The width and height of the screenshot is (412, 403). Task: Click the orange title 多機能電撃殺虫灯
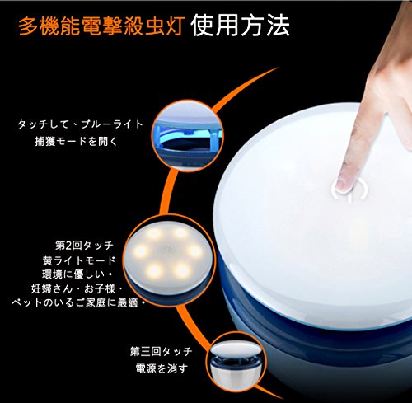point(101,26)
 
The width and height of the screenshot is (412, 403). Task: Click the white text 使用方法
point(240,26)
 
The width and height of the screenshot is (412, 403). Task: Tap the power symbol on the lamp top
point(349,190)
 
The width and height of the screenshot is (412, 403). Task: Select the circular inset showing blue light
point(188,136)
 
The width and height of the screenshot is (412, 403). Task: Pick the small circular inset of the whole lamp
point(236,362)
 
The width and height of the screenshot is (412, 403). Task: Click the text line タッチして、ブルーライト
point(81,124)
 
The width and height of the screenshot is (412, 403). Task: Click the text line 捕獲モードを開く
point(76,141)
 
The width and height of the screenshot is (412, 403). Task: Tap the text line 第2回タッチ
point(84,245)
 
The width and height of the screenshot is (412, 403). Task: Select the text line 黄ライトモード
point(79,260)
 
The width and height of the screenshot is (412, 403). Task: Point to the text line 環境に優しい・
point(77,274)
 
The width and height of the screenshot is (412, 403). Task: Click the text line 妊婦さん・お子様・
point(77,288)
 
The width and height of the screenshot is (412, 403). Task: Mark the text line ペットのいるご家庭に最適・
point(78,302)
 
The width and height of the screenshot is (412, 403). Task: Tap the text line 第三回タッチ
point(161,351)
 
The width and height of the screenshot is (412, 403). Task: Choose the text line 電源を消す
point(162,368)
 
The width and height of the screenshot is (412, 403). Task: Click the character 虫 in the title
point(152,26)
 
